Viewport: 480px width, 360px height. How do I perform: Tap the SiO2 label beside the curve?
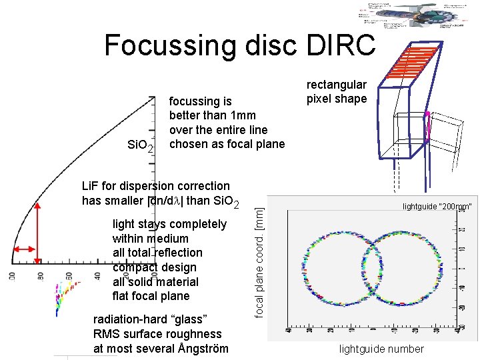click(x=141, y=145)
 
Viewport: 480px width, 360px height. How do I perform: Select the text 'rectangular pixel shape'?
click(x=336, y=92)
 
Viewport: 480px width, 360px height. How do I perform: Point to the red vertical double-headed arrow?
click(x=38, y=233)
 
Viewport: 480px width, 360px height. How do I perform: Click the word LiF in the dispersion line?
click(x=90, y=186)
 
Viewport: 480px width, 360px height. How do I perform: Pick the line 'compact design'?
click(x=154, y=267)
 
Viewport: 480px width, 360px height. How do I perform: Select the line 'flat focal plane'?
click(x=151, y=296)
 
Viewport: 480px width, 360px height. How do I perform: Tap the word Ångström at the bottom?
click(x=199, y=349)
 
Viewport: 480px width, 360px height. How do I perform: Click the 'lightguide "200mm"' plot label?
click(x=437, y=207)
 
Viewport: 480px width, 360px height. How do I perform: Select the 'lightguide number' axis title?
click(x=381, y=349)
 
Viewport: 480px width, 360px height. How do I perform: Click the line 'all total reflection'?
click(x=157, y=253)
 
